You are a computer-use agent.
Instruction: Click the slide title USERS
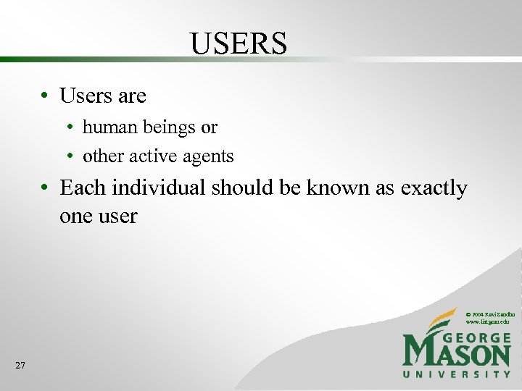click(x=239, y=43)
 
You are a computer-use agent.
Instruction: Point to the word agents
click(x=210, y=156)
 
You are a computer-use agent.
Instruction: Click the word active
click(x=158, y=156)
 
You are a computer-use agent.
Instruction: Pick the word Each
click(x=82, y=188)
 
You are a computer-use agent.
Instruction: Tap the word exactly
click(x=431, y=188)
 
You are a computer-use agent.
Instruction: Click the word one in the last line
click(x=75, y=216)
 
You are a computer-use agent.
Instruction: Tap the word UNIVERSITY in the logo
click(x=457, y=374)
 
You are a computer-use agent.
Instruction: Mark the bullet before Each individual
click(x=45, y=188)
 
